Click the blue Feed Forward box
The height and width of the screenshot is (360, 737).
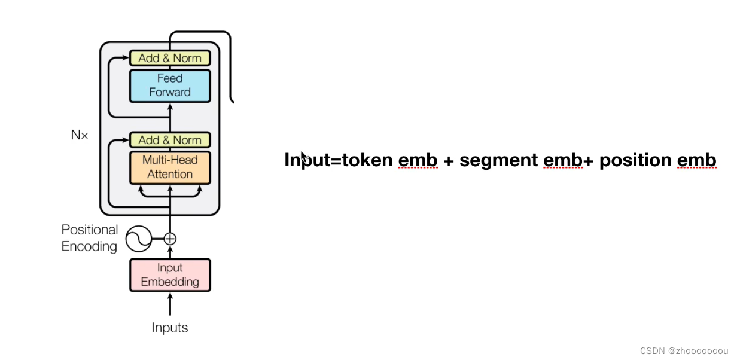pyautogui.click(x=170, y=86)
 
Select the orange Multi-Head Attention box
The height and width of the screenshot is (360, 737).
pyautogui.click(x=170, y=167)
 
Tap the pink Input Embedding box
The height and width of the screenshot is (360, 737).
pyautogui.click(x=170, y=275)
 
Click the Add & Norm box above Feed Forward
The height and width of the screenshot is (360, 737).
pyautogui.click(x=170, y=58)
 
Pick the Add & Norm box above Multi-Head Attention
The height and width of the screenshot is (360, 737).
pyautogui.click(x=170, y=140)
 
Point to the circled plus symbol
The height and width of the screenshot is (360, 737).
pyautogui.click(x=170, y=239)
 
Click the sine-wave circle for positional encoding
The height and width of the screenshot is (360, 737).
pyautogui.click(x=138, y=239)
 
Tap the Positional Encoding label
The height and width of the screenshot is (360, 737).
pyautogui.click(x=90, y=238)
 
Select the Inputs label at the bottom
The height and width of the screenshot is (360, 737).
pyautogui.click(x=170, y=328)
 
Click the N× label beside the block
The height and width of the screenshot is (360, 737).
pyautogui.click(x=80, y=135)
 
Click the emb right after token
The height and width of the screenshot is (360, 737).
pyautogui.click(x=418, y=160)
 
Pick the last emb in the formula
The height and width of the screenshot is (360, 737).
pyautogui.click(x=697, y=160)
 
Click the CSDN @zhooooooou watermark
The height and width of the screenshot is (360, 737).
pyautogui.click(x=684, y=351)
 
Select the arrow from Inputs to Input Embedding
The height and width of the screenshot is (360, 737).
pyautogui.click(x=170, y=305)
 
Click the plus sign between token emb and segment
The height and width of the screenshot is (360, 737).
pyautogui.click(x=449, y=161)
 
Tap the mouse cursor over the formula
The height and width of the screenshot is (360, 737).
pyautogui.click(x=304, y=157)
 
